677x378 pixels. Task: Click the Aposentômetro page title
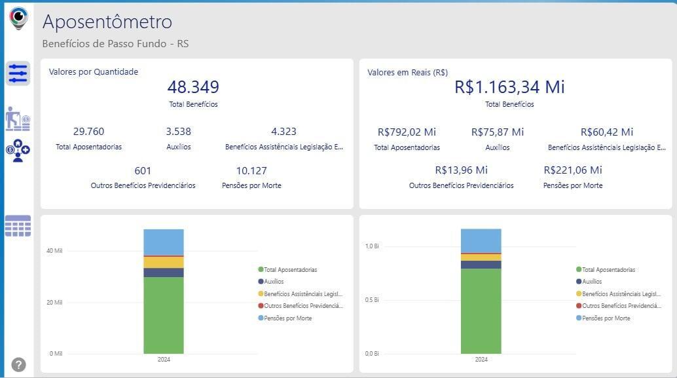[x=107, y=22]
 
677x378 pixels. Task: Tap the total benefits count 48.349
[x=193, y=87]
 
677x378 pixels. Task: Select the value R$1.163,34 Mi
[x=509, y=87]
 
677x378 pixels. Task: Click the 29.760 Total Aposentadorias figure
[x=88, y=132]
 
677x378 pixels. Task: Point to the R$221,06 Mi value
[x=573, y=170]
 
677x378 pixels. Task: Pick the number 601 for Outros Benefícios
[x=143, y=171]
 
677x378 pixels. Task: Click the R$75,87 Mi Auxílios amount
[x=498, y=132]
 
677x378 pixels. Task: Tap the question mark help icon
[x=18, y=365]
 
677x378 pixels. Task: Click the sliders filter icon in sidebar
[x=18, y=73]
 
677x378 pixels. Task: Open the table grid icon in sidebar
[x=18, y=226]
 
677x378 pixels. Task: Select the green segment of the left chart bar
[x=164, y=314]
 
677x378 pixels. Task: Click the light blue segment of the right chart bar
[x=481, y=240]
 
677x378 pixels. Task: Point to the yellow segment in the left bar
[x=164, y=262]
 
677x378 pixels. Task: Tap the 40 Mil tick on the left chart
[x=54, y=251]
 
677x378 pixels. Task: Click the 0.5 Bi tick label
[x=371, y=300]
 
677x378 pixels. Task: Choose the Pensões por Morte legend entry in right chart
[x=606, y=318]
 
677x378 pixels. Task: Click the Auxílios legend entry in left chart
[x=274, y=282]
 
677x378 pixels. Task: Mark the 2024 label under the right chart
[x=481, y=360]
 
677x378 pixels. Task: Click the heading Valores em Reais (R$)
[x=407, y=73]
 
